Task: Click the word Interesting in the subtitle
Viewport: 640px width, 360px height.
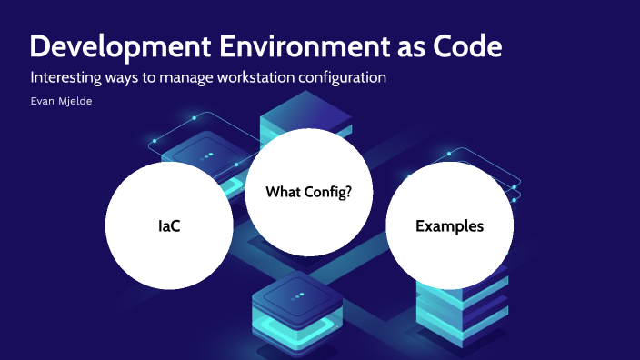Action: (x=65, y=77)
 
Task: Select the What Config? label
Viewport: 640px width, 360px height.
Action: (x=309, y=192)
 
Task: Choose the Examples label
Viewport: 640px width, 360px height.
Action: (x=449, y=225)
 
